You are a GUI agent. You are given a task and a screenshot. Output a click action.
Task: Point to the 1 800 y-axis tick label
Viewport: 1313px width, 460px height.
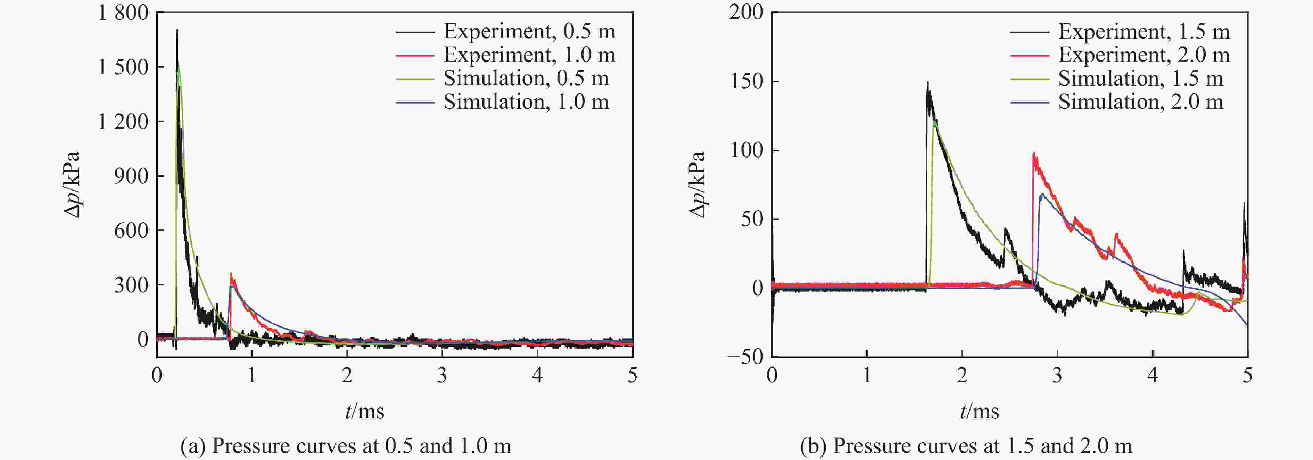(x=123, y=13)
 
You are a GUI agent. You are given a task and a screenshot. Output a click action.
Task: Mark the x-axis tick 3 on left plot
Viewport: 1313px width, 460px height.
(x=442, y=376)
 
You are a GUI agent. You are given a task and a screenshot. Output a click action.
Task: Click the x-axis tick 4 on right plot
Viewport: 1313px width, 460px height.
(x=1153, y=376)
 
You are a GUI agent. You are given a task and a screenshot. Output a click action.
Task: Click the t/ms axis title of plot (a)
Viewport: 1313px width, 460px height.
(x=364, y=411)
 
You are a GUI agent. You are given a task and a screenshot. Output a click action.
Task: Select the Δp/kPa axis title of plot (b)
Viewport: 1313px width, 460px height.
(x=697, y=185)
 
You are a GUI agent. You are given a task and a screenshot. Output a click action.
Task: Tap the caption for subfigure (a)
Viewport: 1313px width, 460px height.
(x=346, y=446)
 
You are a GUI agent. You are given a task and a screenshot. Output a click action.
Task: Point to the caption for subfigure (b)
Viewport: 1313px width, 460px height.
(x=966, y=446)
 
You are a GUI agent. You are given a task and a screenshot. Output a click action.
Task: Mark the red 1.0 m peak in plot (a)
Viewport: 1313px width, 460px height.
(x=231, y=274)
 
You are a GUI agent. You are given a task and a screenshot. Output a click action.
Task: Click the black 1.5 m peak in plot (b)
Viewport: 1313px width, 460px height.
(x=928, y=83)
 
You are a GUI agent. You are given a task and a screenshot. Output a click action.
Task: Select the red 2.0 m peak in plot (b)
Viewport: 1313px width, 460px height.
(x=1034, y=153)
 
